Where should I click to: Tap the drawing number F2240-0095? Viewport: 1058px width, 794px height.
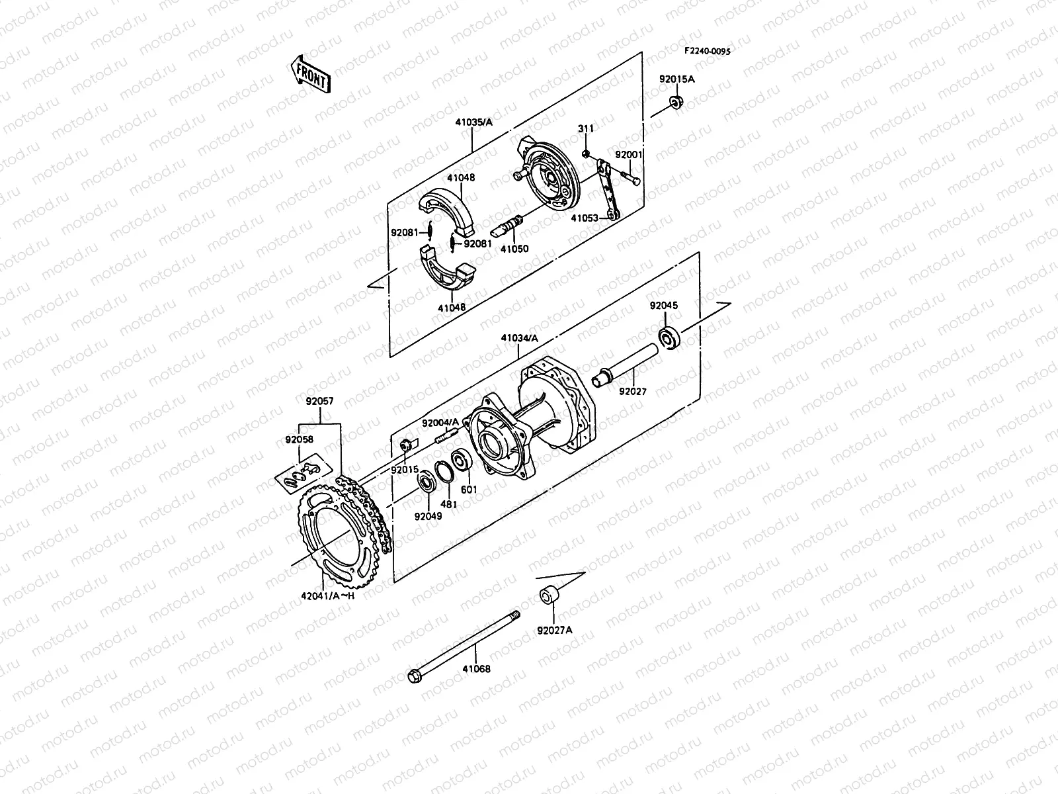coord(707,51)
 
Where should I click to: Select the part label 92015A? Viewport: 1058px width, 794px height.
coord(676,79)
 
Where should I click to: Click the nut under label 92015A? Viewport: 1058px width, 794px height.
coord(676,102)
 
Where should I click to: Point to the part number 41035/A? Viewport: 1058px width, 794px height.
coord(473,122)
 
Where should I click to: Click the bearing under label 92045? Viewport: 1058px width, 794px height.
coord(669,338)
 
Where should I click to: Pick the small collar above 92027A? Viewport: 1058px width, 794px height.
coord(549,594)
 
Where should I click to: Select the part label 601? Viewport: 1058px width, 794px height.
coord(469,490)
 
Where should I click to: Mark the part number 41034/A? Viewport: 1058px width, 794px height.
coord(519,338)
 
